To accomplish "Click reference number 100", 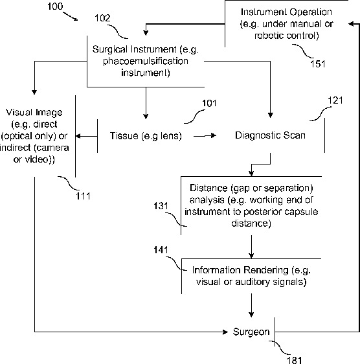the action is coord(55,6).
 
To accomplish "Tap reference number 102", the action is coord(102,18).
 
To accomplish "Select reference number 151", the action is coord(318,64).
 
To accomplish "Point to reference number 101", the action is coord(209,103).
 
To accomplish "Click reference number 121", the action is coord(335,100).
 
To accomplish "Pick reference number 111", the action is coord(83,196).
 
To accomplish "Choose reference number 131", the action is coord(161,206).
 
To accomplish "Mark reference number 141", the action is coord(161,250).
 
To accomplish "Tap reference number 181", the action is coord(295,360).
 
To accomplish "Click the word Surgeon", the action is coord(251,332).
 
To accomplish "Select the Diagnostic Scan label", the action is coord(270,135).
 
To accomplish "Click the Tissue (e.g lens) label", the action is coord(146,136).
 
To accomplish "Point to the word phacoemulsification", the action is coord(146,62).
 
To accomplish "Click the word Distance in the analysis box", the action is coord(208,188).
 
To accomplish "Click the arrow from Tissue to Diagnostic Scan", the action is coord(205,136).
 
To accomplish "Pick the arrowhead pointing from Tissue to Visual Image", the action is coord(78,136).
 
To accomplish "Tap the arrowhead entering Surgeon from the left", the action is coord(225,332).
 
